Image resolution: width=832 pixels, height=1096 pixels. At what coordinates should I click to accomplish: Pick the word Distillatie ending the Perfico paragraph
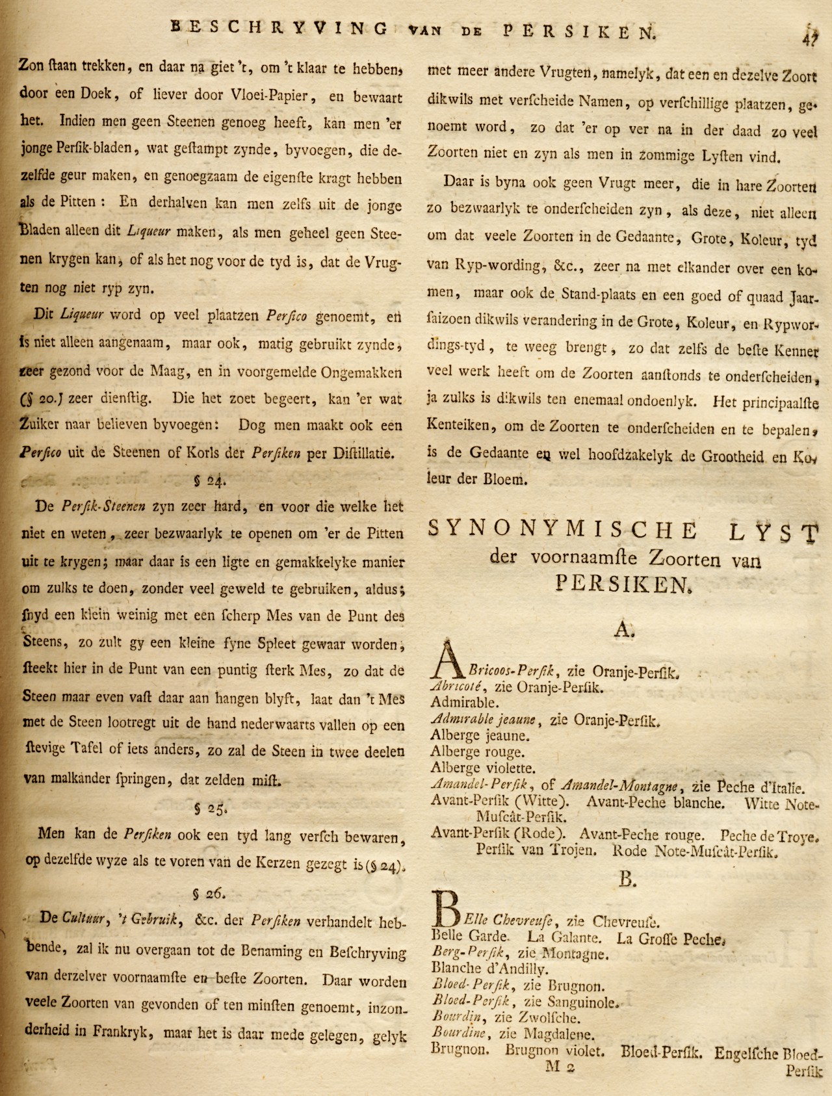tap(363, 453)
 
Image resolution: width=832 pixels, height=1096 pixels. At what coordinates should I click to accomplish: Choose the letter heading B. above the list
tap(627, 879)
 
